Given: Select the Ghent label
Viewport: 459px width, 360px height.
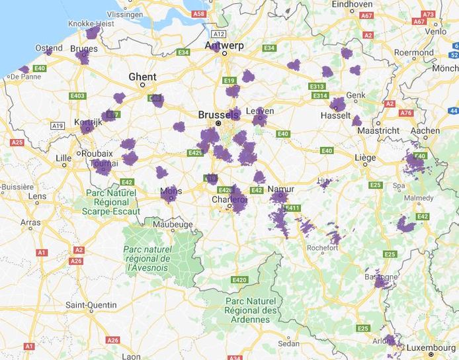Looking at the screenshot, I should [x=142, y=77].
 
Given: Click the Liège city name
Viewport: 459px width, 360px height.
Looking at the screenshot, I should [x=365, y=158].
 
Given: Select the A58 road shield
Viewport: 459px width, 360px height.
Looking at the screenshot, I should [x=198, y=13].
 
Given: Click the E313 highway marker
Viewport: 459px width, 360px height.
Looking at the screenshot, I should [x=317, y=87].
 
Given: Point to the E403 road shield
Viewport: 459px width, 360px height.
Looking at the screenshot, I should [x=78, y=96].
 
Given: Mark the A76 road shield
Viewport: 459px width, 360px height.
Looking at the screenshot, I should [x=406, y=113].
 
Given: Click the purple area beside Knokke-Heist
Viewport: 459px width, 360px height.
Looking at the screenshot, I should [x=93, y=32].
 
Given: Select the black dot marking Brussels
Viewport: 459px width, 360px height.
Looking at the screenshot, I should [x=218, y=123].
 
